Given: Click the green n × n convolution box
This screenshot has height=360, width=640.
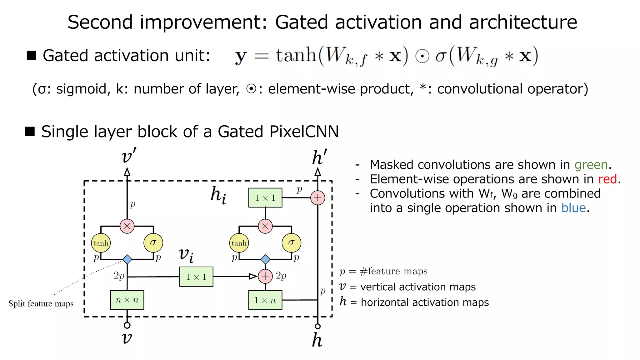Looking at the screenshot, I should click(127, 300).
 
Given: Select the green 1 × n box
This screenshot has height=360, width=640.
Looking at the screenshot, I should click(265, 300).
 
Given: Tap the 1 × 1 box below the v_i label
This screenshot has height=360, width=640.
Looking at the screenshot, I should click(196, 277).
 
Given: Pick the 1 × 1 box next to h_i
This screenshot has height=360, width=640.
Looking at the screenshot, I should click(265, 197).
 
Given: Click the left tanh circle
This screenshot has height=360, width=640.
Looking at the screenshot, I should click(101, 243).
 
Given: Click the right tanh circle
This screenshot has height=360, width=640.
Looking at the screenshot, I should click(239, 243).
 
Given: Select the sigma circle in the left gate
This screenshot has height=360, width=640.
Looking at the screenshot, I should click(153, 243).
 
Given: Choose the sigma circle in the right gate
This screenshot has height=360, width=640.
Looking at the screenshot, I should click(291, 243).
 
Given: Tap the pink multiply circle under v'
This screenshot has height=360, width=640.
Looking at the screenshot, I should click(127, 226).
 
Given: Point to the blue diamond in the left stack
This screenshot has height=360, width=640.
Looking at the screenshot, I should click(127, 259).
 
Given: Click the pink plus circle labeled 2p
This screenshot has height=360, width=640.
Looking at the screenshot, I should click(265, 276).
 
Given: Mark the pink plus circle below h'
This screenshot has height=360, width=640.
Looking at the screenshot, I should click(317, 198).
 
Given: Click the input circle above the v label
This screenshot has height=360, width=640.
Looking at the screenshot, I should click(127, 325).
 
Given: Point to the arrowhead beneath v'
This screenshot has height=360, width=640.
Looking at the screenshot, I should click(127, 172).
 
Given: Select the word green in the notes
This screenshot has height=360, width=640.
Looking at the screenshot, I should click(591, 165).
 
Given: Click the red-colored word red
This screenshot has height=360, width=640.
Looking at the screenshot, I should click(607, 179).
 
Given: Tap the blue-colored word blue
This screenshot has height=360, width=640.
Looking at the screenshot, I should click(573, 208).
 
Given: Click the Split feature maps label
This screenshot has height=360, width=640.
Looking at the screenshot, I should click(41, 304).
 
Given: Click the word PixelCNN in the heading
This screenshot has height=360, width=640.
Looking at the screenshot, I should click(304, 132).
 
